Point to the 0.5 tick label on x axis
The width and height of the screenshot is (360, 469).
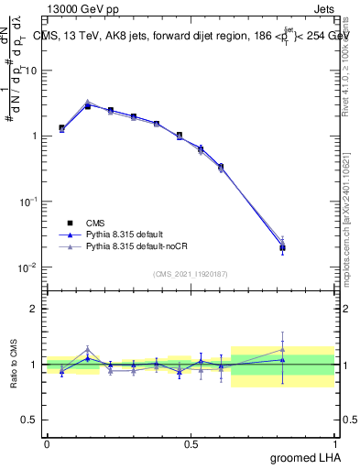coord(191,442)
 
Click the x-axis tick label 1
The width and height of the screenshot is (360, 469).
coord(334,442)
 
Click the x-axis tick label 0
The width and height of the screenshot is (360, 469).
coord(47,442)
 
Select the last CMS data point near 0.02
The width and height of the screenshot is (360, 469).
coord(282,248)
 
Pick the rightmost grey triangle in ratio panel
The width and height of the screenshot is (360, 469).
coord(282,349)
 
